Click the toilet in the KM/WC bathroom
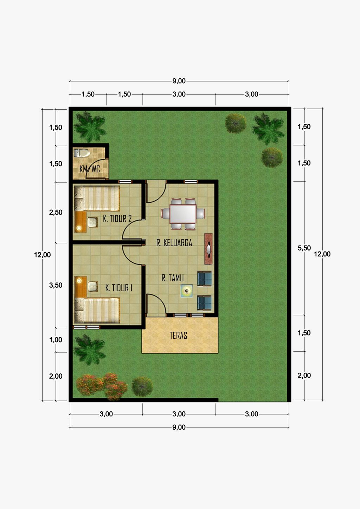pos(82,153)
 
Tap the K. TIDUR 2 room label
pos(117,218)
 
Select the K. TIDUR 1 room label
pos(119,288)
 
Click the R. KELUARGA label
pos(174,243)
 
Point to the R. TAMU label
pos(173,278)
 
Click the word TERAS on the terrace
pos(178,335)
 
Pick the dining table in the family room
pos(183,214)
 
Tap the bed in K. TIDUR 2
pos(97,198)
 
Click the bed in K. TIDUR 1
pos(97,311)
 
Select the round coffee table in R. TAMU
pos(187,291)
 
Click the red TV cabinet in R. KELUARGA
pos(208,249)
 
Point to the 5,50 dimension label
pos(304,248)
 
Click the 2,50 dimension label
pos(56,213)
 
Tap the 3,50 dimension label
pos(56,285)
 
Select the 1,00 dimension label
pos(56,340)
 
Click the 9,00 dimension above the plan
pos(179,81)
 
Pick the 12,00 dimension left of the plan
pos(43,255)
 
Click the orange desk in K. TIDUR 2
pos(80,222)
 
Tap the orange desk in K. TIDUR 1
pos(81,287)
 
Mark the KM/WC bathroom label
pos(90,169)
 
